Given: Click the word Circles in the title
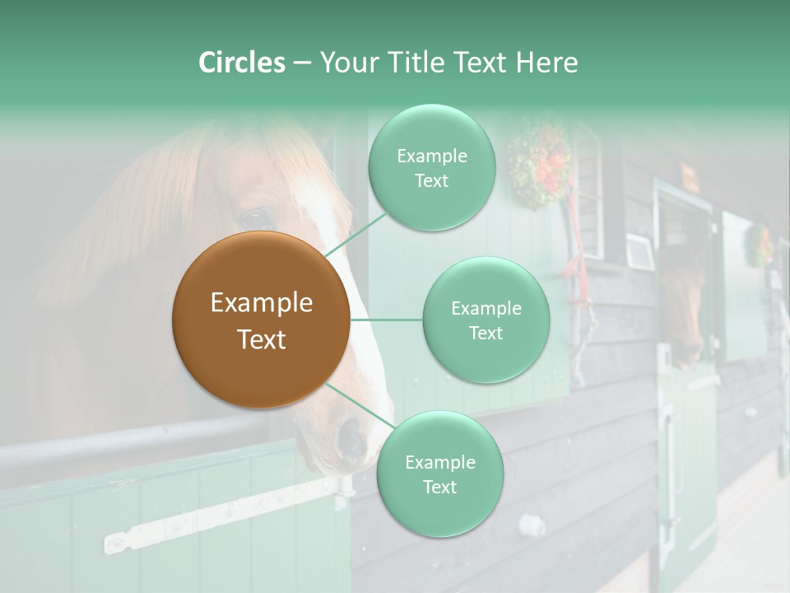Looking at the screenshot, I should (x=241, y=63).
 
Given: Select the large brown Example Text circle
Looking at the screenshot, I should (x=261, y=320).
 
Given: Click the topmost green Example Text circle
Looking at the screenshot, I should (x=431, y=168).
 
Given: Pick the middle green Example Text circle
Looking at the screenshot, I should (x=486, y=320).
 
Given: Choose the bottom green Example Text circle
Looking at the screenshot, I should (x=439, y=474).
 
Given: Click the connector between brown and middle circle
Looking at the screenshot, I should (x=386, y=320).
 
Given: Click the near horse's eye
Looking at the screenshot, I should (x=256, y=219).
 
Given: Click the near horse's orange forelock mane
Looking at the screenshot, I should (x=165, y=189).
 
